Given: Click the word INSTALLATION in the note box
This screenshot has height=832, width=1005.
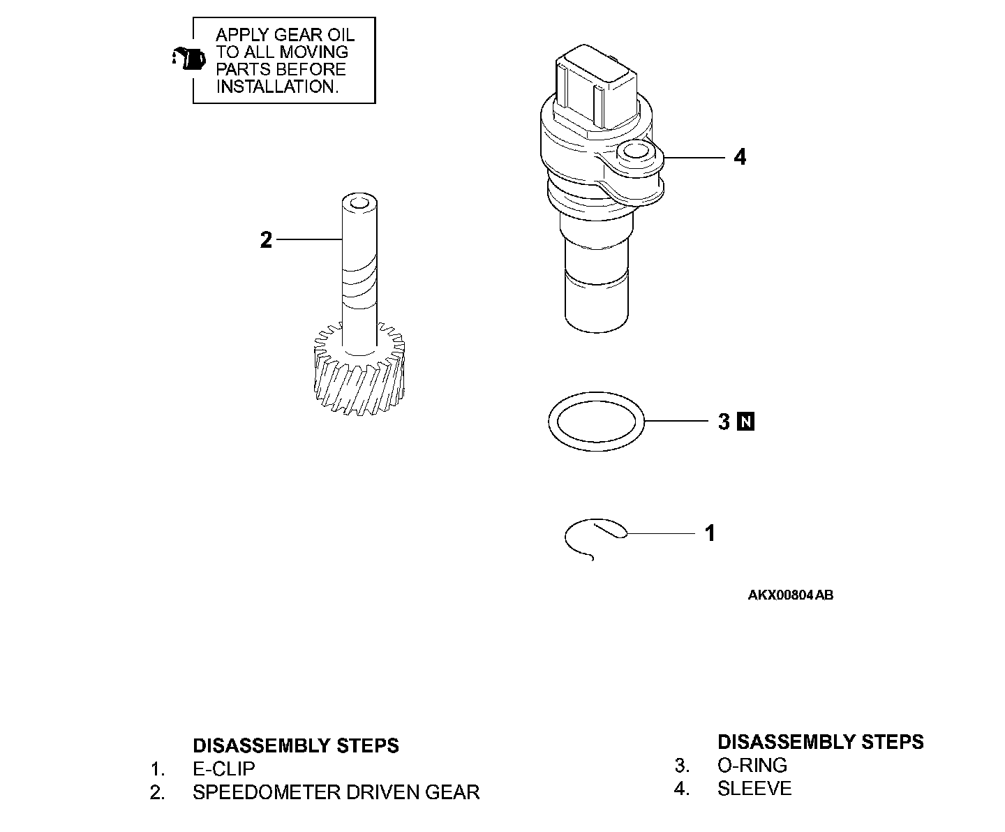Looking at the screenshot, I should click(x=277, y=87).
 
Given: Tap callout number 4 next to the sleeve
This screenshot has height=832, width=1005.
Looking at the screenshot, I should click(x=740, y=158).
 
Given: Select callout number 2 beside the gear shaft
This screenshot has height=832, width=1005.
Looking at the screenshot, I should click(x=266, y=241).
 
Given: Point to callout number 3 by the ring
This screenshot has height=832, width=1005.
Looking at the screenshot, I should click(x=724, y=422).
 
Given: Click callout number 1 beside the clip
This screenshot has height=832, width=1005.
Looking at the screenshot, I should click(x=710, y=533).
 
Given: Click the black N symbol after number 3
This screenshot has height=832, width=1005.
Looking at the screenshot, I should click(x=746, y=422).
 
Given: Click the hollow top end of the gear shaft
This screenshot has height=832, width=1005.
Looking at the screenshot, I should click(x=359, y=203).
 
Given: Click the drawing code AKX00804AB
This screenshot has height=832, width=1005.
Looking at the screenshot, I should click(x=790, y=595).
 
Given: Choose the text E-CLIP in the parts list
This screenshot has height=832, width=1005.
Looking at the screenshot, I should click(x=224, y=769).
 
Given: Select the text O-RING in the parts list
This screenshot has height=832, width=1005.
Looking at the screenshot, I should click(x=752, y=765).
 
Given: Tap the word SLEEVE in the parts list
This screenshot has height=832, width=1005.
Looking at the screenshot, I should click(x=754, y=789).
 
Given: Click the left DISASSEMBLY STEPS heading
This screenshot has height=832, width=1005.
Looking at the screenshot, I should click(x=296, y=745).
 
